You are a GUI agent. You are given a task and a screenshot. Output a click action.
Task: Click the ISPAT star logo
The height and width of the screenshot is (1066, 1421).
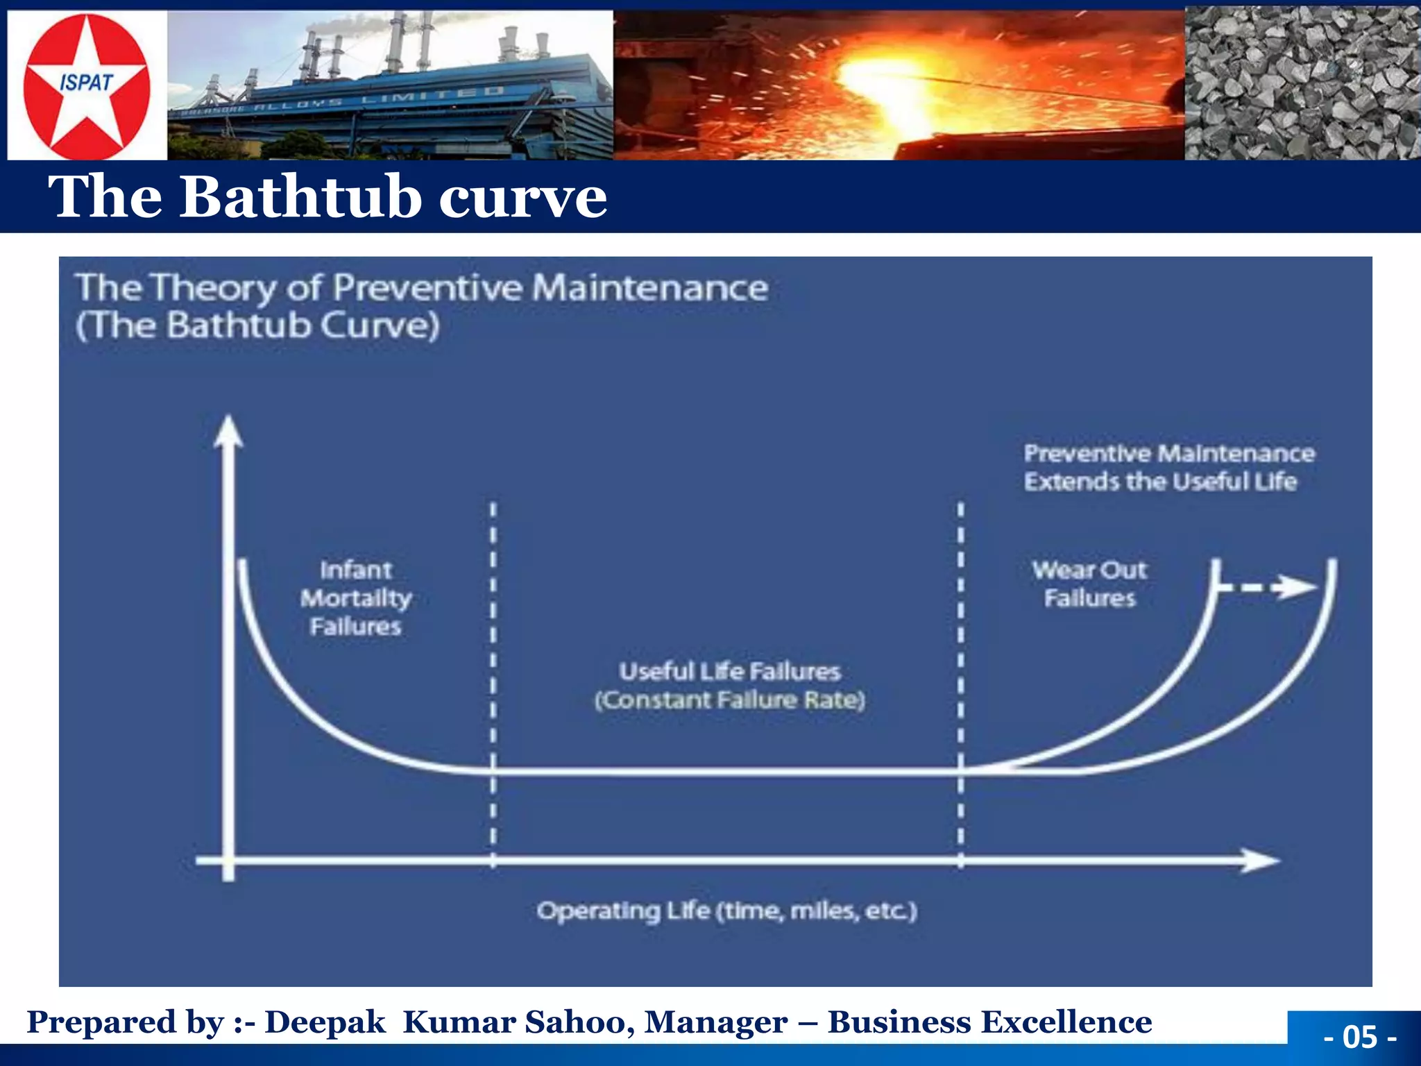click(86, 85)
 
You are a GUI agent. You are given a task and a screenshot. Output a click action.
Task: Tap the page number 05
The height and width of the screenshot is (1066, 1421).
click(1360, 1037)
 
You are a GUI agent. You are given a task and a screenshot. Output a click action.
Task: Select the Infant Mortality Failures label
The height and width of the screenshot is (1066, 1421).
click(355, 598)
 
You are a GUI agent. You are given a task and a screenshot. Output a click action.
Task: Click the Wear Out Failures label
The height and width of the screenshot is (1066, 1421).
click(1089, 584)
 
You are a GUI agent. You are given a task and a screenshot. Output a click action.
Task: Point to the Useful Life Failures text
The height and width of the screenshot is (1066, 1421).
click(729, 671)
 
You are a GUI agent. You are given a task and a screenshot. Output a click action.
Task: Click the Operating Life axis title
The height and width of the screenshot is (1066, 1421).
click(726, 911)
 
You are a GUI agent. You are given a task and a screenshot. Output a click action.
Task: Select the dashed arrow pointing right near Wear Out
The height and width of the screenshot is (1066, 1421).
click(1270, 588)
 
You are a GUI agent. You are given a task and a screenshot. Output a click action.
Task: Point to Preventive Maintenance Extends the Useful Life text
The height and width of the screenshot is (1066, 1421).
click(1168, 467)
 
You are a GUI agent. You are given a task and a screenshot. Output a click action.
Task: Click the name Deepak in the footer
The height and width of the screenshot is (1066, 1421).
click(324, 1022)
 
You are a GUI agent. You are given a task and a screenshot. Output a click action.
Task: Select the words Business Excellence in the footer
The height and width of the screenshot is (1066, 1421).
click(989, 1022)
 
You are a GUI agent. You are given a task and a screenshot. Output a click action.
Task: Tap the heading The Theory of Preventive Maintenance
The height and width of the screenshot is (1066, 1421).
click(422, 287)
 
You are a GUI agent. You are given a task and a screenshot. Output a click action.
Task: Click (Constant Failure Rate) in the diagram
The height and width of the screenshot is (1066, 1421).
click(729, 700)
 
